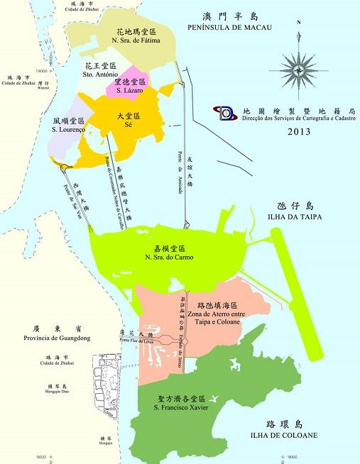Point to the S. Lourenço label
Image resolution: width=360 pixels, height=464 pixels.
point(69,130)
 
